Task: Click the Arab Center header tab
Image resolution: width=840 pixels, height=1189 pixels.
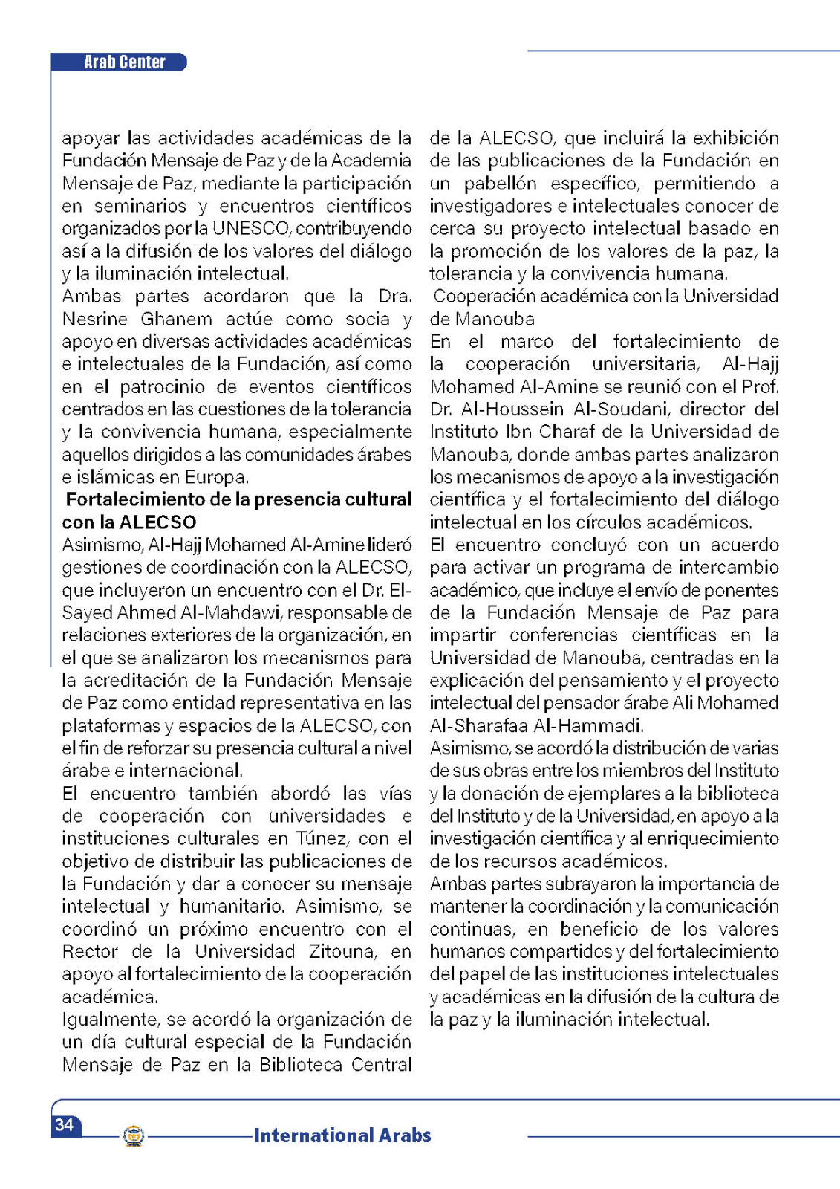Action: (124, 62)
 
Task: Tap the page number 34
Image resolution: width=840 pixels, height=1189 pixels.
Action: (65, 1124)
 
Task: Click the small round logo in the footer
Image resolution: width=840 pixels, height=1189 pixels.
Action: (134, 1135)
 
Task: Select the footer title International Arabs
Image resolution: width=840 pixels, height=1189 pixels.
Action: (342, 1135)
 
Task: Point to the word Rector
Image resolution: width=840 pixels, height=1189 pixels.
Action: (90, 952)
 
